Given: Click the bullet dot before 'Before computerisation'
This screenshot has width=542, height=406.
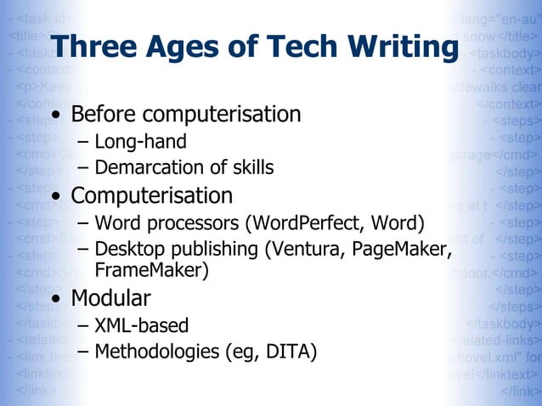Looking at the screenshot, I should [57, 116].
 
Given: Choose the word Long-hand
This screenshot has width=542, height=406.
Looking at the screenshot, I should [140, 142].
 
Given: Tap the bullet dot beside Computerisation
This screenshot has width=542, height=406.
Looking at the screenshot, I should [57, 197].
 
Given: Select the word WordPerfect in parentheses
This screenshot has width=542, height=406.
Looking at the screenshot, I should [302, 224].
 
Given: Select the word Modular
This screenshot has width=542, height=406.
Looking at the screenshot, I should [110, 298].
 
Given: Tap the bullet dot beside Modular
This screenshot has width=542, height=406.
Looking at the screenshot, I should [57, 300].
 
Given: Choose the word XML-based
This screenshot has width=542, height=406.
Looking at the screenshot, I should [141, 325].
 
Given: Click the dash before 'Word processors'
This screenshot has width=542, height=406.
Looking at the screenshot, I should [82, 225].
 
